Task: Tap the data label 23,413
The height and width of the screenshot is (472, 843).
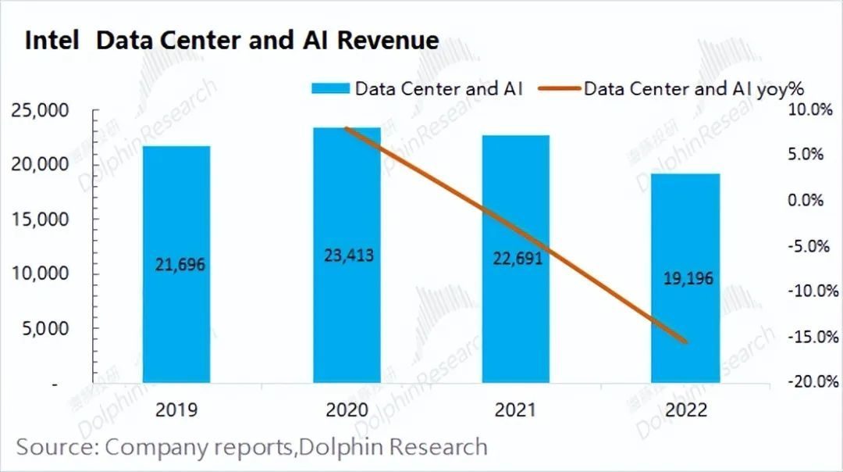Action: point(347,255)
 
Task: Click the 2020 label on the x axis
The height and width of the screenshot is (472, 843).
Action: point(347,410)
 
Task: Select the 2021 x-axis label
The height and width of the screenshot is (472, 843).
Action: point(516,410)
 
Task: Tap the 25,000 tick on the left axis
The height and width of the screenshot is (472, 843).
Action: point(41,110)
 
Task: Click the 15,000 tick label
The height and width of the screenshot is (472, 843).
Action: point(41,220)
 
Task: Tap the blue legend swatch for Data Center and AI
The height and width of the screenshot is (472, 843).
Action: point(330,88)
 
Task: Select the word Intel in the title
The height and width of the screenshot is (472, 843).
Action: point(52,41)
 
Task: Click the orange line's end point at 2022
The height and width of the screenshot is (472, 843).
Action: point(685,341)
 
